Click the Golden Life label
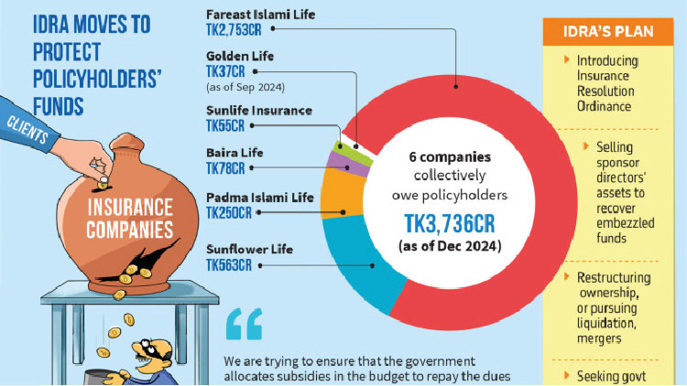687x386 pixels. click(x=240, y=57)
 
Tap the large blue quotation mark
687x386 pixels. click(x=243, y=324)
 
